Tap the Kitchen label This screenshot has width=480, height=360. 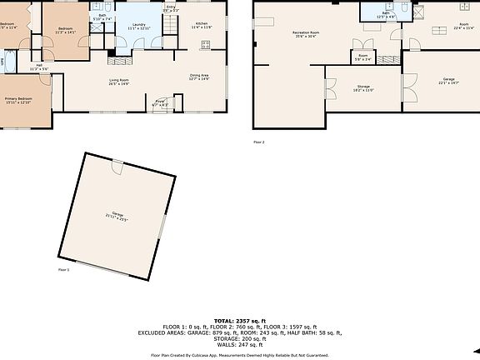click(x=202, y=25)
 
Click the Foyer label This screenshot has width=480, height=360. click(x=160, y=102)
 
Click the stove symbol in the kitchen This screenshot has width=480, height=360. click(x=205, y=45)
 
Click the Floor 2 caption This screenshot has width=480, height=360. click(x=258, y=142)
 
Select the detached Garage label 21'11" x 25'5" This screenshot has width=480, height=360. click(x=116, y=216)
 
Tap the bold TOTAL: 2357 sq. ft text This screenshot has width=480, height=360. click(x=239, y=320)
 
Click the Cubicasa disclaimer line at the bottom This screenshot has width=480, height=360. click(x=239, y=353)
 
